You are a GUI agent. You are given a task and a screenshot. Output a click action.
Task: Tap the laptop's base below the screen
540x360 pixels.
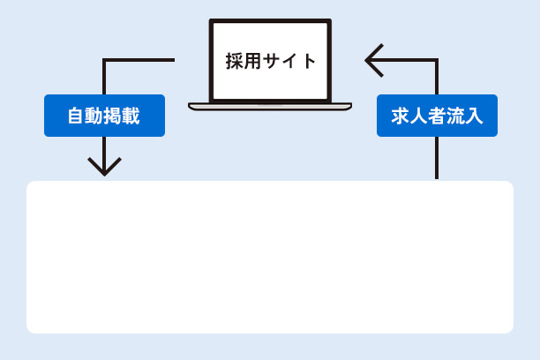click(x=270, y=107)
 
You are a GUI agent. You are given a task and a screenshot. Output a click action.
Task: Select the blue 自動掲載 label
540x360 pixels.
click(x=104, y=116)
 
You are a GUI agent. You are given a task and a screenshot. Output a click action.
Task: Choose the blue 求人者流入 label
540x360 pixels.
click(x=437, y=116)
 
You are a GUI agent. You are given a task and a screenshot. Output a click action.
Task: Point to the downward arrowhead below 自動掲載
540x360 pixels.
click(x=104, y=168)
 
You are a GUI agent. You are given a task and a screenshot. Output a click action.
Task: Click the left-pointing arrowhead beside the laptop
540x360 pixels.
click(x=372, y=60)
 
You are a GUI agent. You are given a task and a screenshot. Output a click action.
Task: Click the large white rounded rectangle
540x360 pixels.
click(x=270, y=257)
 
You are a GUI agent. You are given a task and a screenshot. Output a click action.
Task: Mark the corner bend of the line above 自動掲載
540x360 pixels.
click(x=105, y=61)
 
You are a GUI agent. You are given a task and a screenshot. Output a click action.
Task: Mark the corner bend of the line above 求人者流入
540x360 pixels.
click(x=436, y=61)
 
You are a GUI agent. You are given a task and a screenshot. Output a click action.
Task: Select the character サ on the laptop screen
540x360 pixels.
click(x=271, y=61)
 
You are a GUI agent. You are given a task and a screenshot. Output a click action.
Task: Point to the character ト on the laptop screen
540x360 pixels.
click(x=307, y=61)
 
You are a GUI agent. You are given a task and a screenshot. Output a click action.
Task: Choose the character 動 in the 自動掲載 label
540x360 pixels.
click(x=95, y=116)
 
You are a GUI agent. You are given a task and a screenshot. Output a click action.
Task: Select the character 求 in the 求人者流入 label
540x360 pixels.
click(x=400, y=116)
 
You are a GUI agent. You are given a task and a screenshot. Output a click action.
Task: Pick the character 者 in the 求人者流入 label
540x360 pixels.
click(x=437, y=116)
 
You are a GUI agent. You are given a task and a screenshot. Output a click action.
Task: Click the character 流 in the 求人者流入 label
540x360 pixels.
click(x=455, y=116)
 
